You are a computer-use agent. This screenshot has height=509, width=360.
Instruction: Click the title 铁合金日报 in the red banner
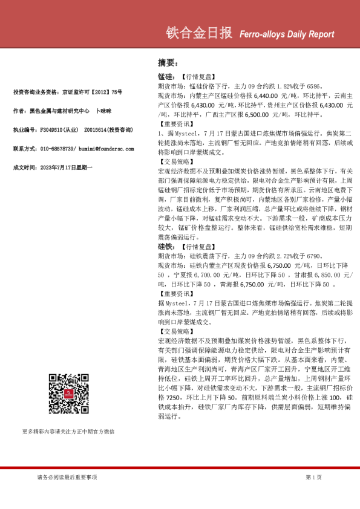(198, 33)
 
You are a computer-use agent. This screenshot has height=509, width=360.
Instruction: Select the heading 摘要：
(167, 63)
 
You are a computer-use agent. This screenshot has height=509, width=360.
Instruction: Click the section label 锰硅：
(166, 78)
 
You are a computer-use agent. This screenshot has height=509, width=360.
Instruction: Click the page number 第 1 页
(313, 478)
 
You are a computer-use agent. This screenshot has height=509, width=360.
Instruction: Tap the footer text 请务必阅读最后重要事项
(67, 478)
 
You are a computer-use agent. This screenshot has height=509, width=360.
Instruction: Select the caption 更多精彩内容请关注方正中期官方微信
(68, 432)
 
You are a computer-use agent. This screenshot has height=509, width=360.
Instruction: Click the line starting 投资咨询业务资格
(67, 92)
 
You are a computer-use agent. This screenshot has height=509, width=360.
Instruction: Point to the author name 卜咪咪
(102, 111)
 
